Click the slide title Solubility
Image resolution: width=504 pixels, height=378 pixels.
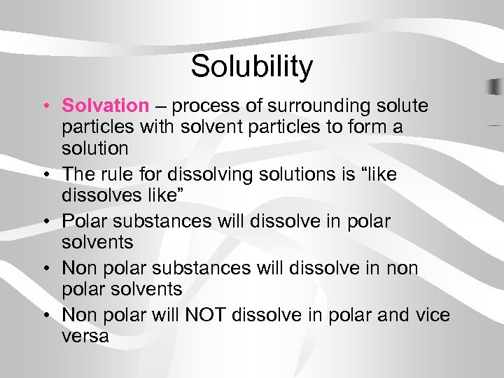click(x=251, y=66)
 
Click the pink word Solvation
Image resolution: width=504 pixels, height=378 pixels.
click(x=105, y=106)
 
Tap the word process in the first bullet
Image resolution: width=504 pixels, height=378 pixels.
click(x=210, y=106)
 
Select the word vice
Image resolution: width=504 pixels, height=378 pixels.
click(x=431, y=315)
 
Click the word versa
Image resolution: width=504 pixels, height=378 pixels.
click(x=85, y=336)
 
